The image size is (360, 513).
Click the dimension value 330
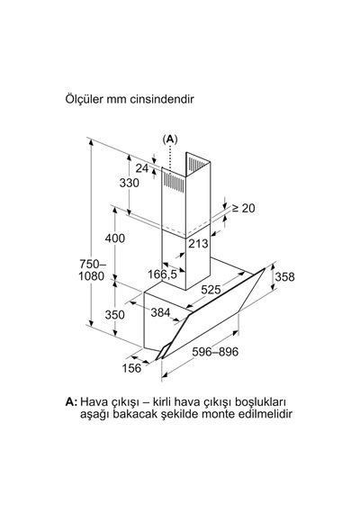click(x=130, y=183)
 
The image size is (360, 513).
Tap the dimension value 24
click(x=142, y=168)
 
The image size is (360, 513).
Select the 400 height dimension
click(x=115, y=238)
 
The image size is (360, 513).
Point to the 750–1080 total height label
click(x=93, y=270)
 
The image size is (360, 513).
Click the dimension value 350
click(x=115, y=314)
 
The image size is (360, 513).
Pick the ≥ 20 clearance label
click(x=243, y=208)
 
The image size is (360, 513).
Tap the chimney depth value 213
click(x=198, y=243)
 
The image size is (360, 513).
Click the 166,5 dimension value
click(x=162, y=274)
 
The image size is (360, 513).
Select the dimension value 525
click(x=211, y=289)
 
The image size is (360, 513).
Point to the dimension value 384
click(x=160, y=312)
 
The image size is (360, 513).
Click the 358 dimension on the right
click(x=284, y=277)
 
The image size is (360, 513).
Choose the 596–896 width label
click(x=215, y=352)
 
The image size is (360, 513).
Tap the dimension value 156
click(x=131, y=368)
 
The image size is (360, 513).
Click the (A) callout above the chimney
click(x=170, y=139)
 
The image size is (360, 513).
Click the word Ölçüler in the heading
click(x=84, y=98)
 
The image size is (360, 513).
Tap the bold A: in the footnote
click(x=72, y=401)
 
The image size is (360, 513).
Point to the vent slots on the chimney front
click(x=175, y=181)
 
